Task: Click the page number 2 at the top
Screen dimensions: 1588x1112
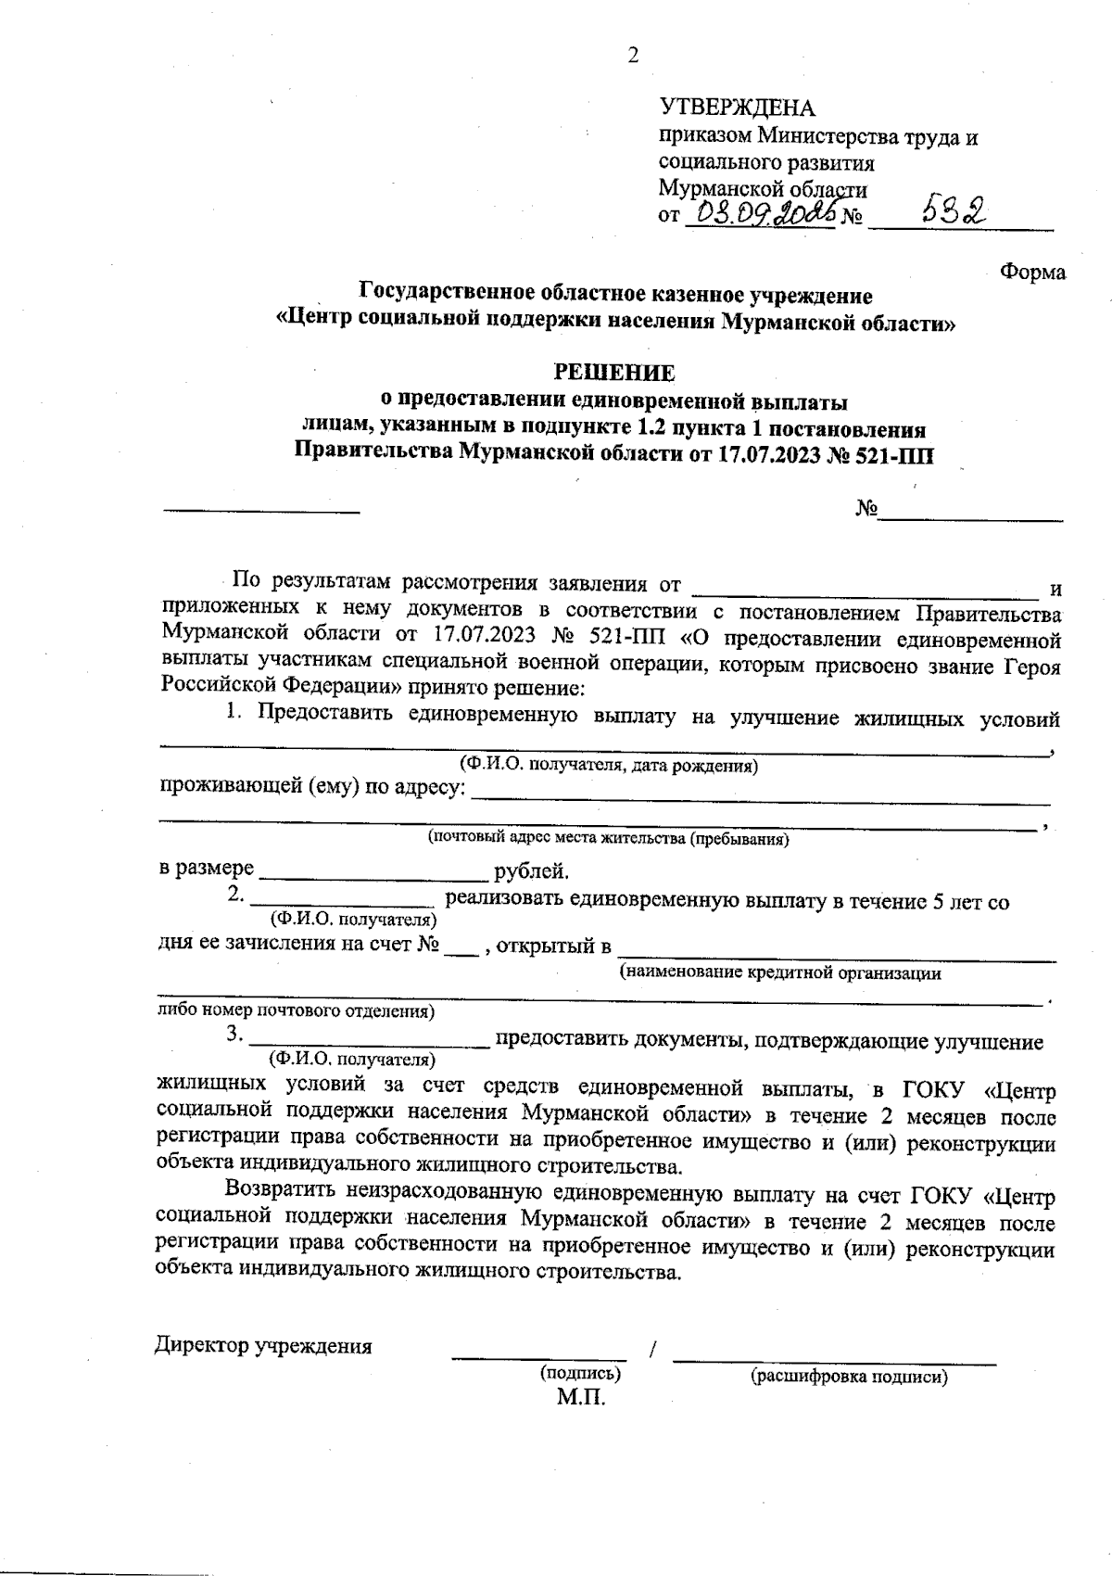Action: pos(634,57)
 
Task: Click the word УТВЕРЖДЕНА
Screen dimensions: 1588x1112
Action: pos(737,108)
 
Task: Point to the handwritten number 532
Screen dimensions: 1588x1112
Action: pos(955,213)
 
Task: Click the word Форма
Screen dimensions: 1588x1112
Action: pos(1032,273)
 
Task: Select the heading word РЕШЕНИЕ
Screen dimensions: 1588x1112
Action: pos(614,373)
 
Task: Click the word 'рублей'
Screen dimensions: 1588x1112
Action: pos(532,871)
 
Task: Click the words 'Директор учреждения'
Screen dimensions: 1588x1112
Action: pos(263,1346)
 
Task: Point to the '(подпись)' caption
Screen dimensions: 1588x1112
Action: pos(580,1374)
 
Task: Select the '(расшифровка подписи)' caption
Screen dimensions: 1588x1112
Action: pos(850,1377)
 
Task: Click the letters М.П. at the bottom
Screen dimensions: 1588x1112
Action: pos(580,1397)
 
